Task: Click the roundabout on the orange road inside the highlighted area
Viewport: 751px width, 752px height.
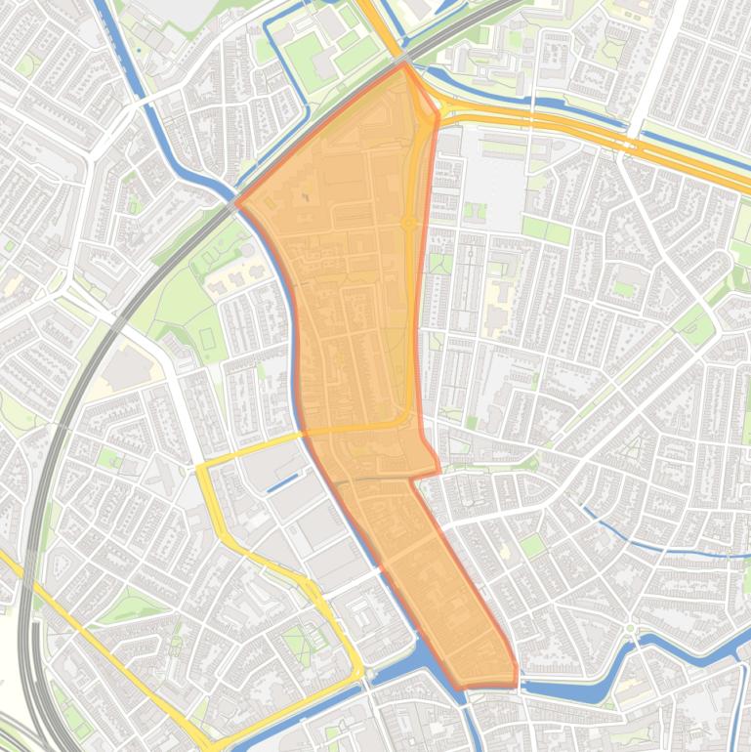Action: pyautogui.click(x=408, y=225)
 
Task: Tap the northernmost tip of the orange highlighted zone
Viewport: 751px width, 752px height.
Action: pyautogui.click(x=403, y=65)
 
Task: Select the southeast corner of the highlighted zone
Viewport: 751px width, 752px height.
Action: pyautogui.click(x=516, y=680)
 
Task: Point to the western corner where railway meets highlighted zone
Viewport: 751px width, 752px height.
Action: pyautogui.click(x=237, y=203)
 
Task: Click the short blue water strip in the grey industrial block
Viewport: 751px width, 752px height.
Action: pyautogui.click(x=283, y=481)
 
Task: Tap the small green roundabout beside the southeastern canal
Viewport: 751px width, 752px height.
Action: pyautogui.click(x=630, y=628)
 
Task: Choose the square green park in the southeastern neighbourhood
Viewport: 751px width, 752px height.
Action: pyautogui.click(x=532, y=545)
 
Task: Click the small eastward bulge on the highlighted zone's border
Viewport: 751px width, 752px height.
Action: pyautogui.click(x=434, y=466)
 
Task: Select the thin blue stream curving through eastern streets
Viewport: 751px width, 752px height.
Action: pyautogui.click(x=635, y=542)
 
